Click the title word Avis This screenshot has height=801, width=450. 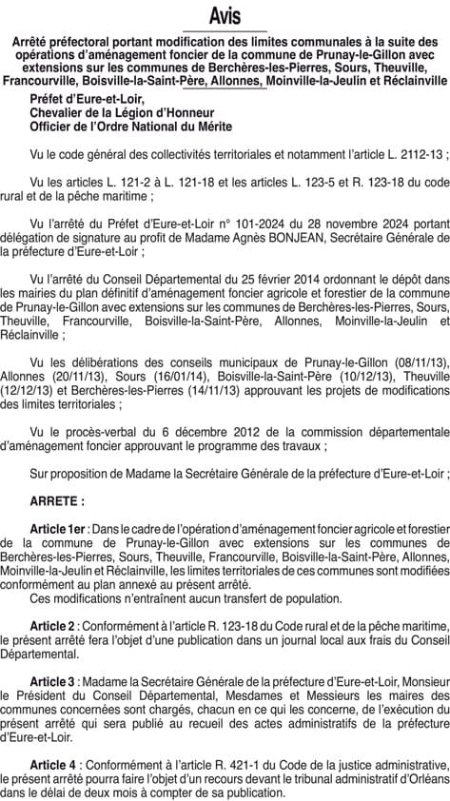pyautogui.click(x=225, y=17)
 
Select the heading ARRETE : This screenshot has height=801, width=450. pyautogui.click(x=57, y=499)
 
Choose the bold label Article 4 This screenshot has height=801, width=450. pyautogui.click(x=52, y=765)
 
